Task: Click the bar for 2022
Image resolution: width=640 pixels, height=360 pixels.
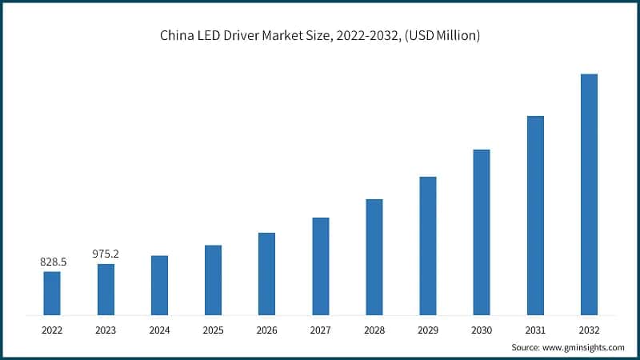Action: point(52,293)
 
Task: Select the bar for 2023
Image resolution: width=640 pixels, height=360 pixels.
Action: point(106,289)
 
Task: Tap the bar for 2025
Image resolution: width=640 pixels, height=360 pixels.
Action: point(213,279)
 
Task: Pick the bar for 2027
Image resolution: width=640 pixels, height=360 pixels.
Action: point(321,266)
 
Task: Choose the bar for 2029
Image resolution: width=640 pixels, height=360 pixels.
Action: point(428,246)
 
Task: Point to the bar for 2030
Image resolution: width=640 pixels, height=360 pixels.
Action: point(482,232)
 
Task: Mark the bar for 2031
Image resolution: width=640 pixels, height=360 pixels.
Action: point(535,215)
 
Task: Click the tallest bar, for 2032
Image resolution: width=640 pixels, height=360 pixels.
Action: point(589,194)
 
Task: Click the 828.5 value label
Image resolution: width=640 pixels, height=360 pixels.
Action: point(53,262)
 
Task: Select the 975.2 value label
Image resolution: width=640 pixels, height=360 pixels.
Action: point(106,254)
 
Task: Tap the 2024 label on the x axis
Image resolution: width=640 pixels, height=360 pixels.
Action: point(159,329)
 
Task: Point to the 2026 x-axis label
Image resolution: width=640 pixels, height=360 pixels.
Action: point(266,329)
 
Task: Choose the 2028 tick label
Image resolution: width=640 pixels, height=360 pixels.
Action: point(374,329)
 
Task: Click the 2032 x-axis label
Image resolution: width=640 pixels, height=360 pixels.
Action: point(589,329)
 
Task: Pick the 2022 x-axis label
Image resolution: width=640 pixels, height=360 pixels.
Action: point(52,329)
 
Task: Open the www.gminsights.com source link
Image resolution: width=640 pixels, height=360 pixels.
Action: point(585,347)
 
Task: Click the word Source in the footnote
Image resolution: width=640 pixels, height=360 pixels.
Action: point(526,347)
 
